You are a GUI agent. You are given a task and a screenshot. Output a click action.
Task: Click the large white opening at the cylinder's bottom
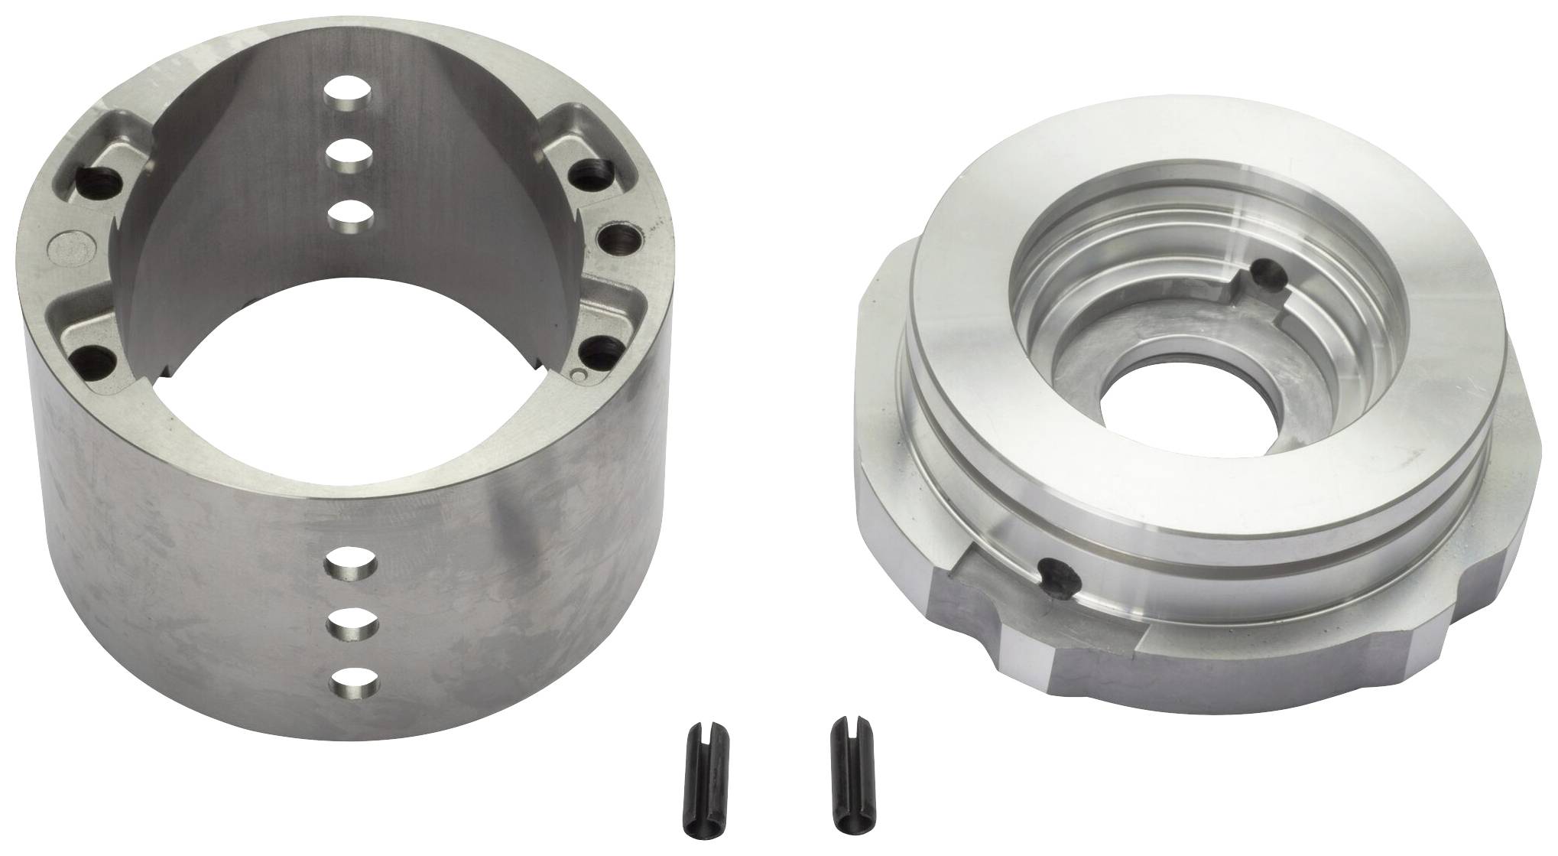[x=359, y=376]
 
